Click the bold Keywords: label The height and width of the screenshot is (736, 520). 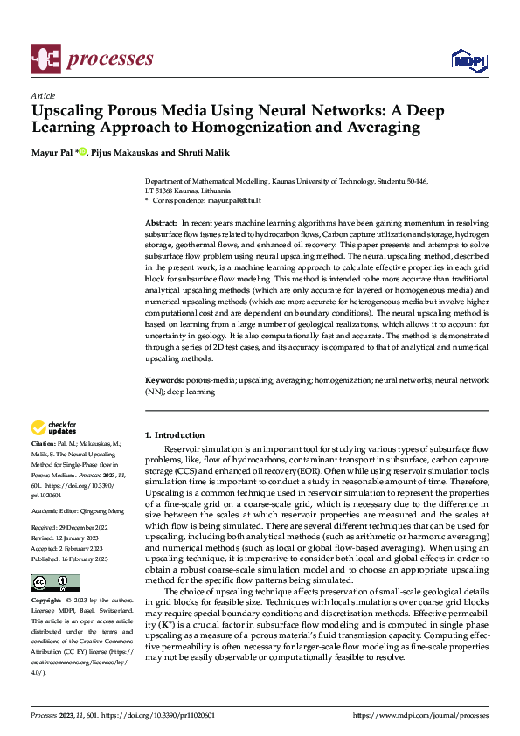(x=163, y=381)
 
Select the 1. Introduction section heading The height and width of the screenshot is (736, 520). (x=175, y=434)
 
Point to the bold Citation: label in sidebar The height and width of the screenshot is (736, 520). (x=45, y=445)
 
